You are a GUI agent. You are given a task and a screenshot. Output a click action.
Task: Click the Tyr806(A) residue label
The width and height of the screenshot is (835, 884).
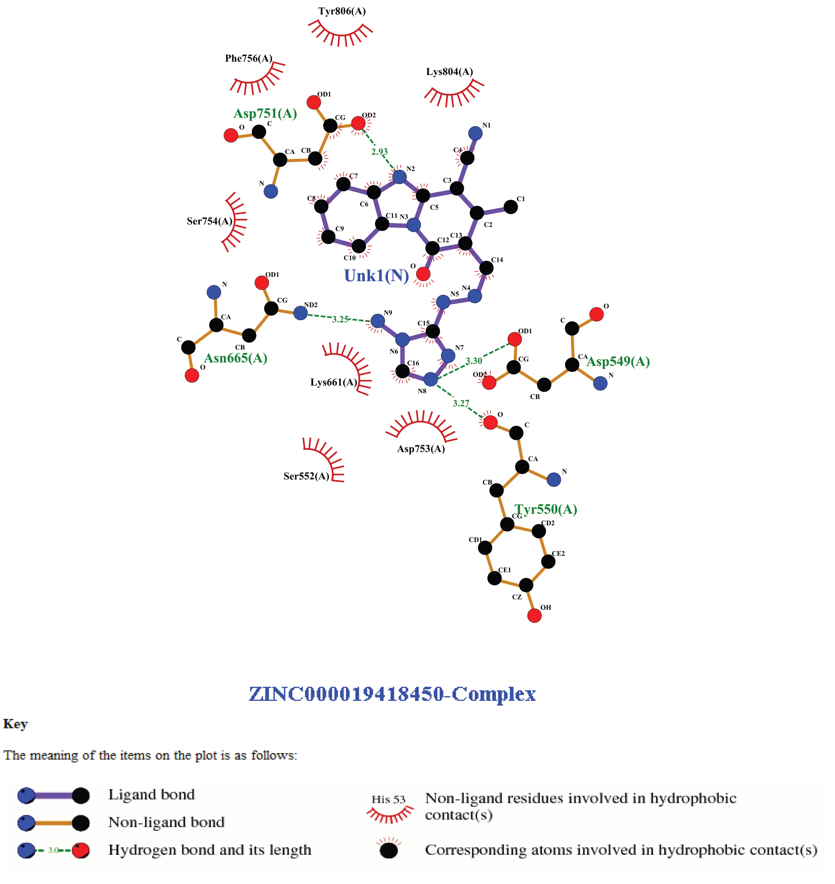pos(342,11)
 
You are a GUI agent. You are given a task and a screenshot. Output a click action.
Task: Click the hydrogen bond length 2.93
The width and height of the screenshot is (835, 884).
pos(379,152)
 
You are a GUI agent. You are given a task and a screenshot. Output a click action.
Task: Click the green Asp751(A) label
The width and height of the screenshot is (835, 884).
pos(265,114)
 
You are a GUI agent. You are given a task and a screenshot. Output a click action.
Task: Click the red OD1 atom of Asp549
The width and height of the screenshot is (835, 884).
pos(515,339)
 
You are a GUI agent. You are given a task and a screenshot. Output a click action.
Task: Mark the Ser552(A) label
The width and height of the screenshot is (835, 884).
pos(306,476)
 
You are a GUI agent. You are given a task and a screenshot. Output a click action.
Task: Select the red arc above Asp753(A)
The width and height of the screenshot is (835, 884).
pos(421,425)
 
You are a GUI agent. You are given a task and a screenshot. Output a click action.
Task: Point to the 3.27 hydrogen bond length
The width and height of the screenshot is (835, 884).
pos(461,404)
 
